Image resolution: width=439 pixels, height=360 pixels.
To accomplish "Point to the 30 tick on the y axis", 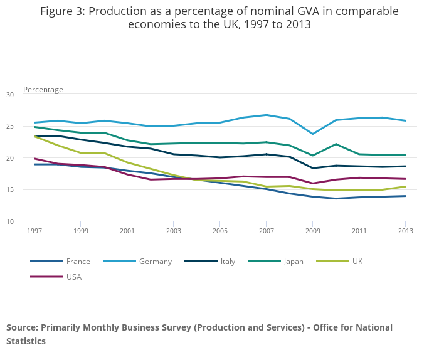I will pyautogui.click(x=9, y=95).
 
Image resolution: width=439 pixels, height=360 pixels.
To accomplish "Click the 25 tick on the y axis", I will pyautogui.click(x=9, y=127).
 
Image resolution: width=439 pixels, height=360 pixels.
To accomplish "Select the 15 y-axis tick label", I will pyautogui.click(x=9, y=190).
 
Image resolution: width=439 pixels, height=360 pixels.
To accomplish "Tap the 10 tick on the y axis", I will pyautogui.click(x=9, y=221).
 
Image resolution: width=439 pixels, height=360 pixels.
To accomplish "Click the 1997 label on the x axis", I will pyautogui.click(x=34, y=231).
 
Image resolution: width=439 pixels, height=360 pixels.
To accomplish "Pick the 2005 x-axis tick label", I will pyautogui.click(x=219, y=231).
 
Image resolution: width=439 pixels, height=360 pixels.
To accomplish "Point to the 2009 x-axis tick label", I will pyautogui.click(x=312, y=231).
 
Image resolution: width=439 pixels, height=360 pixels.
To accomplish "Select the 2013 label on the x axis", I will pyautogui.click(x=405, y=231).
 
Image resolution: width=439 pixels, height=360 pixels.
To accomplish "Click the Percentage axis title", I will pyautogui.click(x=43, y=90).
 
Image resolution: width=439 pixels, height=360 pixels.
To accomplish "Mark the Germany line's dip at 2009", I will pyautogui.click(x=312, y=134).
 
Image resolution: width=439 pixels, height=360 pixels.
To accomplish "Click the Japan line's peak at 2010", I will pyautogui.click(x=336, y=144).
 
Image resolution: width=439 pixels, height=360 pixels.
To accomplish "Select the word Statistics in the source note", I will pyautogui.click(x=26, y=342).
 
